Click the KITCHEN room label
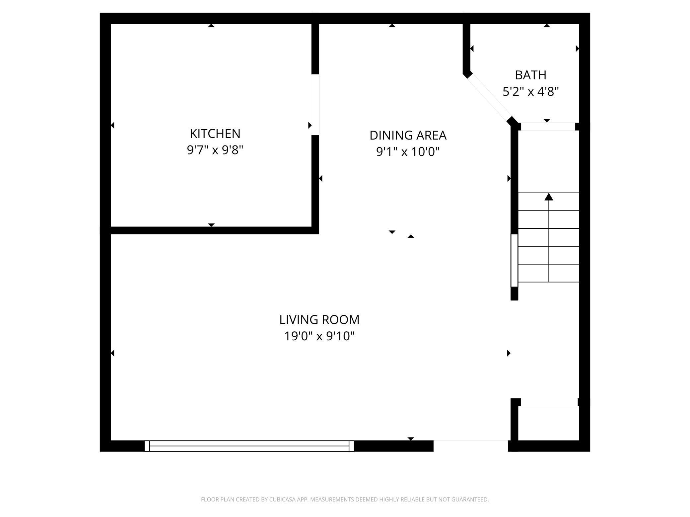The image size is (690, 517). [x=215, y=134]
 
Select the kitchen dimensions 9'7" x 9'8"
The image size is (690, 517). [x=215, y=150]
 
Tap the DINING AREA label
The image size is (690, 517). [x=408, y=135]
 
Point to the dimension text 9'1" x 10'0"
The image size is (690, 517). [x=408, y=152]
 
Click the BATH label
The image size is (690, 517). [x=530, y=75]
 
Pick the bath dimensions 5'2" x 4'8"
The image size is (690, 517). [x=530, y=91]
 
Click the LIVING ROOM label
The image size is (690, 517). [x=319, y=320]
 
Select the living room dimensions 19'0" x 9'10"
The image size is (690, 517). [x=319, y=336]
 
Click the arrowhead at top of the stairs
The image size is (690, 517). [x=549, y=197]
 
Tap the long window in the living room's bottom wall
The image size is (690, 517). [x=249, y=446]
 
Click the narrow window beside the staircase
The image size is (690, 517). [x=514, y=260]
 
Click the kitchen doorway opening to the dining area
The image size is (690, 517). [x=315, y=104]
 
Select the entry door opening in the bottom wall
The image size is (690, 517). [x=470, y=446]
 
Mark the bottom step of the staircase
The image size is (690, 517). [x=548, y=273]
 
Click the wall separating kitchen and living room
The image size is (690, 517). [x=211, y=230]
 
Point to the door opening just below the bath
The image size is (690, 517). [x=548, y=127]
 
